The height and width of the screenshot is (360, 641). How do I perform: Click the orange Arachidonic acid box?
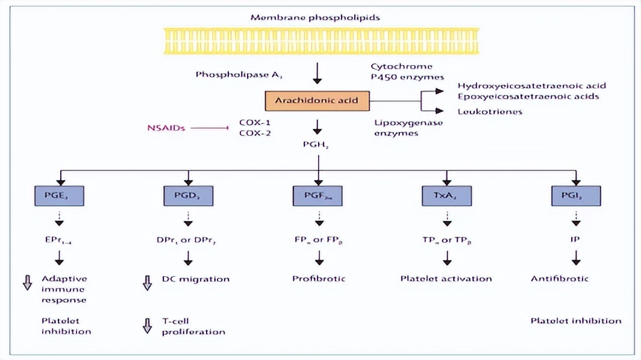tap(317, 100)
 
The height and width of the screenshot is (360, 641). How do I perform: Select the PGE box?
tap(58, 196)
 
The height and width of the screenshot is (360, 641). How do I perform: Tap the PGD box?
tap(189, 196)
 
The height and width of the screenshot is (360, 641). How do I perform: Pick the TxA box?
tap(446, 196)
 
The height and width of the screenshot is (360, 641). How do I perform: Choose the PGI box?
tap(576, 196)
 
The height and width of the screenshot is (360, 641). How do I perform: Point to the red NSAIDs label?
tap(166, 128)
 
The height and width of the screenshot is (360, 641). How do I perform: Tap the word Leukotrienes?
tap(490, 111)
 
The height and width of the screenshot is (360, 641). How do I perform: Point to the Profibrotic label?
tap(319, 279)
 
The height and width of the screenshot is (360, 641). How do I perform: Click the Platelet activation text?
tap(446, 279)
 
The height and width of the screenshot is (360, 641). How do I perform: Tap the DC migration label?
tap(195, 279)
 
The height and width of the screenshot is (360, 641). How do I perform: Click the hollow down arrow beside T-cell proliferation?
tap(147, 326)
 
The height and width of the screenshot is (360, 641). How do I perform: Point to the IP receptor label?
tap(576, 238)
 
